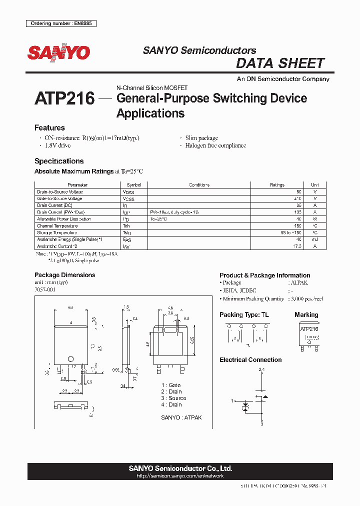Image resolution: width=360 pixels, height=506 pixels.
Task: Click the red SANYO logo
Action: (x=58, y=52)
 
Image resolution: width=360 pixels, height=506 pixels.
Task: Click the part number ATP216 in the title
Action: (x=64, y=98)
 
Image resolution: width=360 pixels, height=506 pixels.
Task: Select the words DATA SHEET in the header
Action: (x=280, y=63)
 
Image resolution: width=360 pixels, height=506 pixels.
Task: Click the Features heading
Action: (x=49, y=128)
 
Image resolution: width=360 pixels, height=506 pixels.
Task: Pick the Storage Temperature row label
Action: (x=57, y=232)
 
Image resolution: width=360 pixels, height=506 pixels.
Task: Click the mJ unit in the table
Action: (x=314, y=239)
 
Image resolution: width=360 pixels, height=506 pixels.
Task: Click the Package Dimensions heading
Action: (x=64, y=275)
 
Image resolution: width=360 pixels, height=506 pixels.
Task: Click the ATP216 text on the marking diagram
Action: (x=309, y=329)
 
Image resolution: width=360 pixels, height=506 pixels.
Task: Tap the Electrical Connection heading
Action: (x=250, y=360)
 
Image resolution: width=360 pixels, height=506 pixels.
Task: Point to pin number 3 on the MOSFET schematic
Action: (x=261, y=424)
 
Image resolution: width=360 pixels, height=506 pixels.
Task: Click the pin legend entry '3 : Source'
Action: (x=173, y=398)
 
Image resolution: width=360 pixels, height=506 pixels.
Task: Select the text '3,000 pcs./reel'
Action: (x=305, y=298)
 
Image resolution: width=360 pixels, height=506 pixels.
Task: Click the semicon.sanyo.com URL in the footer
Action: (x=180, y=476)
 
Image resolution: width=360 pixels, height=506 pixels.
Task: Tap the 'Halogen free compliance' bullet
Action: (x=215, y=145)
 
